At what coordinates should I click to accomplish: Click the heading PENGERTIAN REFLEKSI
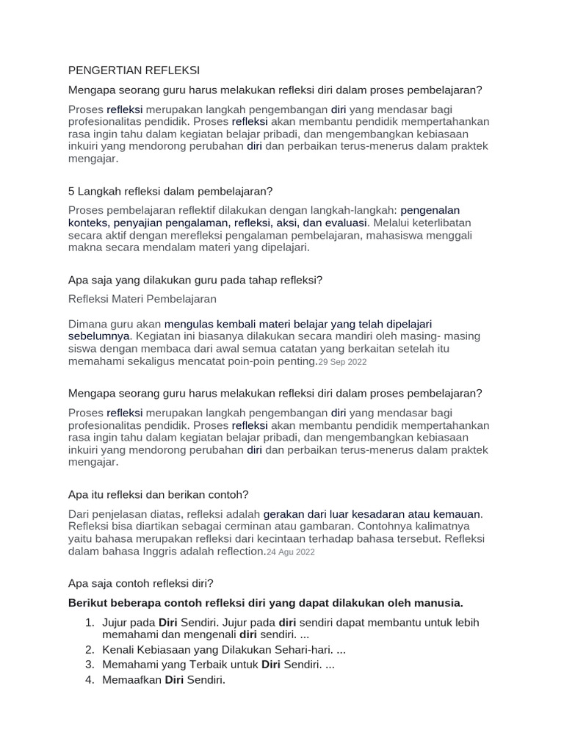point(134,70)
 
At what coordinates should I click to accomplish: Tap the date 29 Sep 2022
point(342,362)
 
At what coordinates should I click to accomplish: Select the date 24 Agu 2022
point(291,552)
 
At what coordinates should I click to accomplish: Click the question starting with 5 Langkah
point(170,191)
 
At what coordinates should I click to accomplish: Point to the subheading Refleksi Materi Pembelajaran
point(142,299)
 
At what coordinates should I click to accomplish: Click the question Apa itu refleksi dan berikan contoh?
point(159,494)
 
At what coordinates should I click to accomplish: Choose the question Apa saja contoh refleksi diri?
point(141,583)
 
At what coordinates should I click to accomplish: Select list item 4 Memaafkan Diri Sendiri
point(164,680)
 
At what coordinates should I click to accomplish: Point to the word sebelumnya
point(98,336)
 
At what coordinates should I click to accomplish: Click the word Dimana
point(88,323)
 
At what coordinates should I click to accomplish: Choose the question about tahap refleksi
point(195,280)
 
